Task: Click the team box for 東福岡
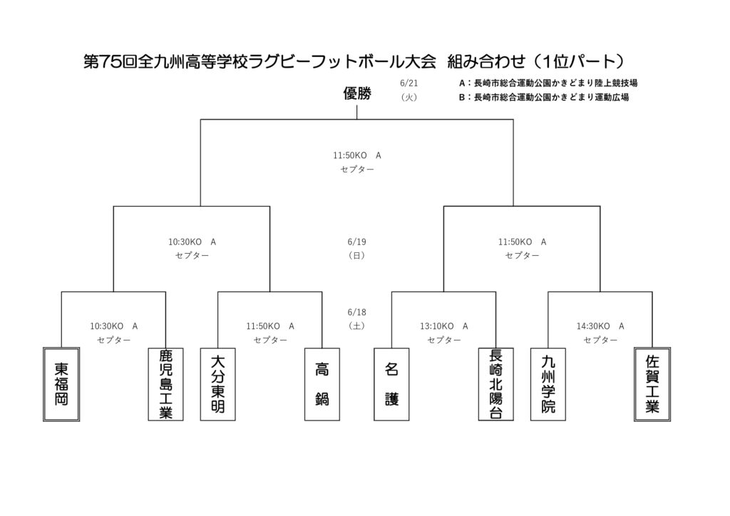click(61, 384)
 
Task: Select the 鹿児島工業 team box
click(165, 384)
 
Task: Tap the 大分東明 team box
click(218, 384)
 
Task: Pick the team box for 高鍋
click(322, 384)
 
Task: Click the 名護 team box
click(391, 384)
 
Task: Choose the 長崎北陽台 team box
click(496, 384)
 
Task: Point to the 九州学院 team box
click(548, 384)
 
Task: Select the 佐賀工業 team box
click(652, 384)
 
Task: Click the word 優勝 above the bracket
click(357, 93)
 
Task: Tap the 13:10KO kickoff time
click(437, 326)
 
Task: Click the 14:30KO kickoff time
click(593, 326)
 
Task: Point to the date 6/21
click(408, 83)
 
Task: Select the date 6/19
click(356, 242)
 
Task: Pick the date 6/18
click(356, 312)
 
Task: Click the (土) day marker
click(356, 326)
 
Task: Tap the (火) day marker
click(408, 97)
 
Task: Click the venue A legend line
click(548, 83)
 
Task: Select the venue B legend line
click(544, 97)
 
